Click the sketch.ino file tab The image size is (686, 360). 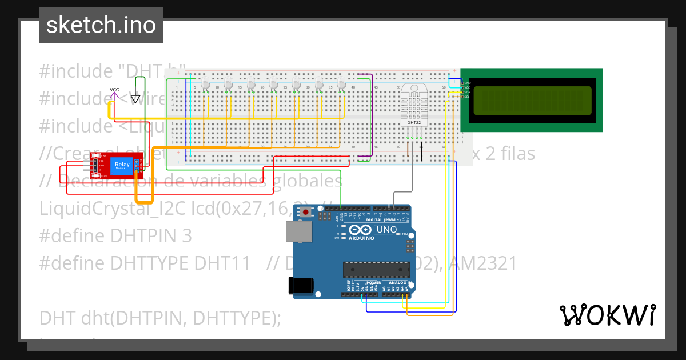(x=101, y=25)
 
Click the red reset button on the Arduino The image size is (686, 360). (x=307, y=213)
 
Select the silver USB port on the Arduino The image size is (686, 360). (x=300, y=231)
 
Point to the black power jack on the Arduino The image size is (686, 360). (x=302, y=285)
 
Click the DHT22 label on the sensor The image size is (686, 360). (x=413, y=122)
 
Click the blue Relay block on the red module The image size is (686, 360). (x=121, y=166)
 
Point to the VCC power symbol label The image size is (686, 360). (x=114, y=90)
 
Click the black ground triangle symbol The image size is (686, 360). (x=135, y=99)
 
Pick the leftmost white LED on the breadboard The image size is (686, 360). (x=206, y=85)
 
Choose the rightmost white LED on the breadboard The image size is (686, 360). (x=342, y=85)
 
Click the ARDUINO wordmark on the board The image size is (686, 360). (x=361, y=238)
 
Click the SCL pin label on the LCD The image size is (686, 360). (x=467, y=97)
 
